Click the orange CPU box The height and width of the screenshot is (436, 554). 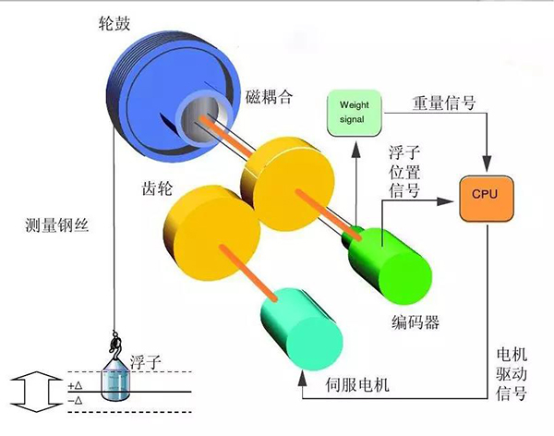click(x=485, y=195)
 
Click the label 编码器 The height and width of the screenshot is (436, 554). click(x=412, y=323)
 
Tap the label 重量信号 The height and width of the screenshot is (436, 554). click(x=445, y=103)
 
